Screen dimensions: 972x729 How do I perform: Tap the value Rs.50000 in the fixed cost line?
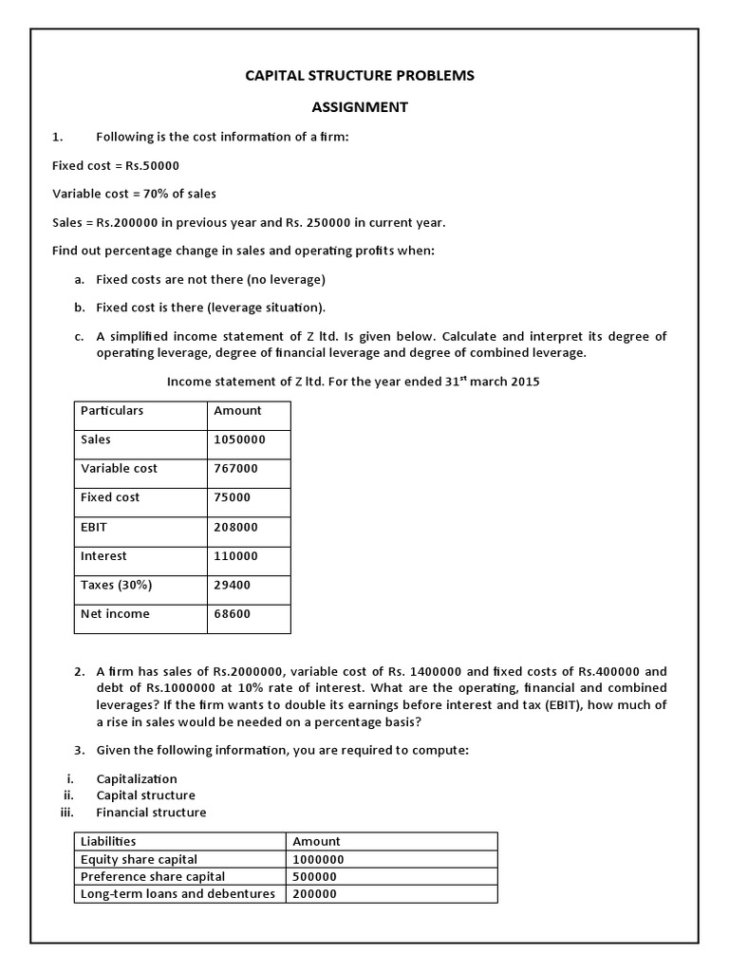coord(152,165)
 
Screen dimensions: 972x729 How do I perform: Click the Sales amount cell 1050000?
coord(239,439)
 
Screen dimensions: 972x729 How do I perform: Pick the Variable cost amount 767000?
coord(235,469)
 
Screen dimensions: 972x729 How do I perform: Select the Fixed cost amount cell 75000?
coord(232,497)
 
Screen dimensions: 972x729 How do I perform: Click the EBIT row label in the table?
coord(96,527)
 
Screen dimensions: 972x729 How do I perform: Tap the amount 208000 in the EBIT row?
coord(235,527)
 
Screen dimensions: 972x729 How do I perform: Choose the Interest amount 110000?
coord(235,556)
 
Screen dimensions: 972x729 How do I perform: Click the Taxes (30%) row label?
coord(116,586)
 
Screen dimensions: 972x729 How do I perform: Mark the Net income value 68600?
coord(232,614)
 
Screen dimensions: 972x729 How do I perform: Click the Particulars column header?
coord(112,411)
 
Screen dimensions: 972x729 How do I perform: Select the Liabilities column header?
coord(108,841)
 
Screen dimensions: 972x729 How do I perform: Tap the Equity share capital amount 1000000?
coord(318,859)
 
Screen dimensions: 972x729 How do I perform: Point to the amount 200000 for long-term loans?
coord(314,894)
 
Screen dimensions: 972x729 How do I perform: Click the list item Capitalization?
coord(137,779)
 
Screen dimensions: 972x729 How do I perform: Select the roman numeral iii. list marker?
coord(66,813)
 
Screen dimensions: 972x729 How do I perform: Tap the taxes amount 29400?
coord(232,586)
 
